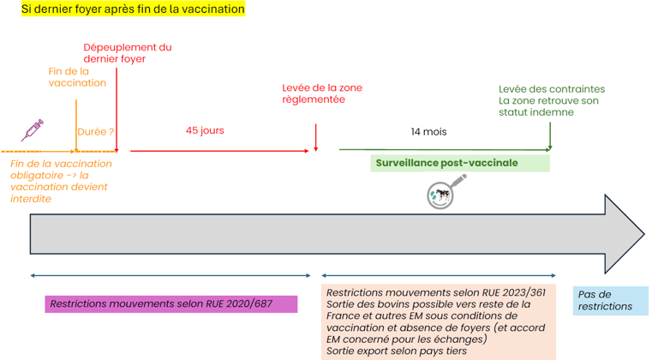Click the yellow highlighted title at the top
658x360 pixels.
click(x=134, y=9)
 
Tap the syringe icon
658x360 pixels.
click(x=33, y=130)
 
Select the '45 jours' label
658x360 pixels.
click(x=205, y=131)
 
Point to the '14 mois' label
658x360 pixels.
click(x=428, y=132)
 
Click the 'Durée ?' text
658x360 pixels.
click(x=96, y=132)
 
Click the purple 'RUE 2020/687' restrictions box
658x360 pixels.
click(x=171, y=303)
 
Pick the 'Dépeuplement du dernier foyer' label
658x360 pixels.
click(x=128, y=53)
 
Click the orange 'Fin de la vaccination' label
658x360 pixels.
click(x=77, y=77)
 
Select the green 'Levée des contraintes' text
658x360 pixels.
click(x=552, y=89)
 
